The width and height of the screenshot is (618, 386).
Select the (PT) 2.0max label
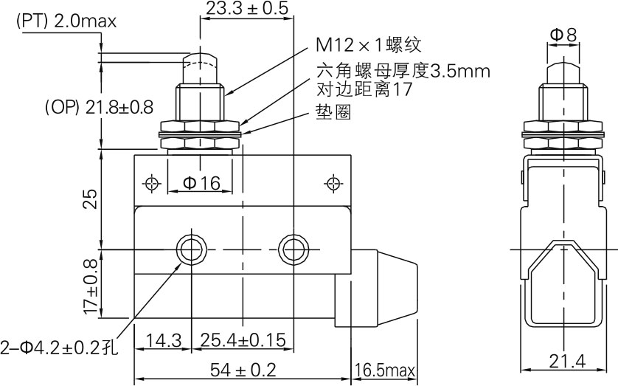pyautogui.click(x=66, y=22)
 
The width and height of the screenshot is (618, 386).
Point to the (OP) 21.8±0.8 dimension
pyautogui.click(x=99, y=107)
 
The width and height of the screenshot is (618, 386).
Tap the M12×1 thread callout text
pyautogui.click(x=369, y=45)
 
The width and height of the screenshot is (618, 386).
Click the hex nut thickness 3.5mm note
pyautogui.click(x=403, y=72)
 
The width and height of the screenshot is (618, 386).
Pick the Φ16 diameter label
pyautogui.click(x=201, y=183)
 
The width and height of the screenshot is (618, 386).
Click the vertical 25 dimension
pyautogui.click(x=89, y=199)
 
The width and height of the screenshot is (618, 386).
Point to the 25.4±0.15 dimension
pyautogui.click(x=243, y=340)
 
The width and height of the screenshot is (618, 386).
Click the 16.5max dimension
pyautogui.click(x=386, y=369)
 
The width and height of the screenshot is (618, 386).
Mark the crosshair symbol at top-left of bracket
pyautogui.click(x=153, y=182)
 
